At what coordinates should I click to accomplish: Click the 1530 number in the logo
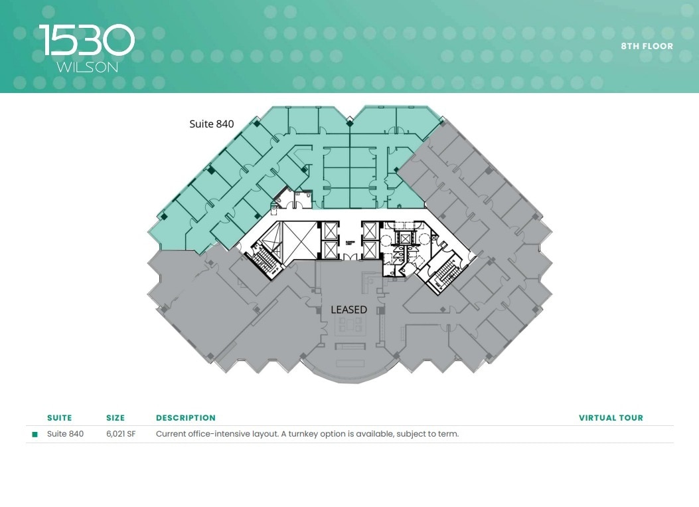click(87, 41)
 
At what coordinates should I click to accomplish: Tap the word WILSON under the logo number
click(87, 67)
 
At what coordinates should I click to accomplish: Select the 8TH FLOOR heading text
click(647, 47)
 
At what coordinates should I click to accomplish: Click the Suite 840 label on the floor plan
click(212, 124)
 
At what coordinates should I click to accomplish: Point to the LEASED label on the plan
click(349, 310)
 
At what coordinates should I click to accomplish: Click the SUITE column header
click(59, 418)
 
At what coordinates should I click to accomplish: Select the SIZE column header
click(116, 418)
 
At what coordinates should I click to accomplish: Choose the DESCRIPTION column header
click(186, 418)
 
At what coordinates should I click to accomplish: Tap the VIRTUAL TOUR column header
click(611, 418)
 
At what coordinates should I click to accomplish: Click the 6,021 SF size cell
click(121, 434)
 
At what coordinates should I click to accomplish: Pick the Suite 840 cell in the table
click(65, 434)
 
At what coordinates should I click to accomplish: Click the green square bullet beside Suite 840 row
click(35, 435)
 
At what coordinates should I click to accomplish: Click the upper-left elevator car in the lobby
click(329, 229)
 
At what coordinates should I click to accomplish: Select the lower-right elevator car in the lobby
click(369, 250)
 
